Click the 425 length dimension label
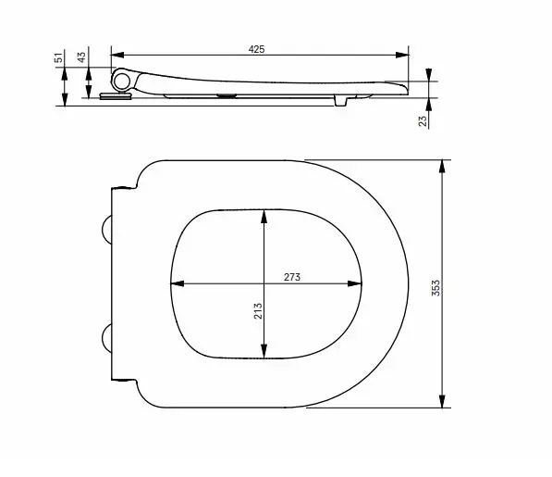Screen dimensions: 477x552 coord(257,49)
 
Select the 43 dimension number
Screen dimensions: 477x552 coord(81,57)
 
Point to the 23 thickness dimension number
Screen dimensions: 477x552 coord(423,120)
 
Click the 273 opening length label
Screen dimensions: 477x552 coord(292,276)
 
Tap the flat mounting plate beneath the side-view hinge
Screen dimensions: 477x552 coord(112,94)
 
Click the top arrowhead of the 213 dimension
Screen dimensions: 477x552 coord(265,216)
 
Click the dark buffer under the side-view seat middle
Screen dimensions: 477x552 coord(226,94)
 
